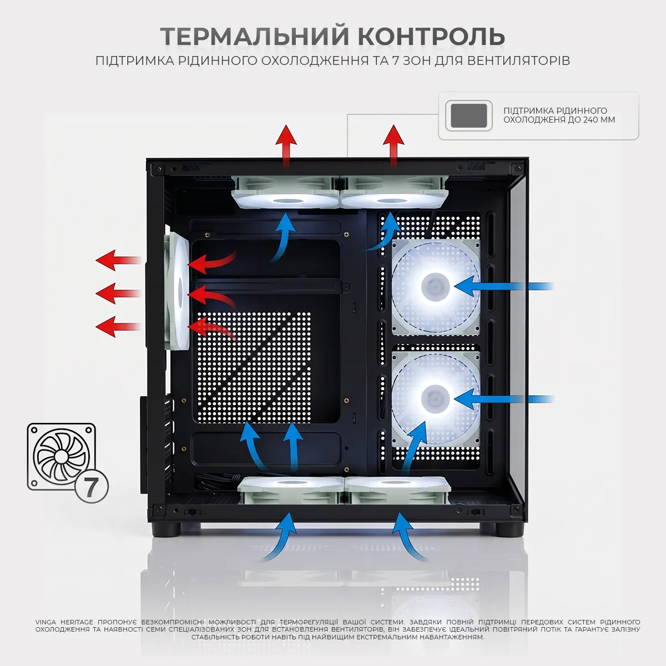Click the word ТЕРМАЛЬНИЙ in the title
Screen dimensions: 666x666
point(255,36)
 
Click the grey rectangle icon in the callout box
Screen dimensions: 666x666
point(468,116)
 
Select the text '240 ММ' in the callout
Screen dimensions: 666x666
point(599,120)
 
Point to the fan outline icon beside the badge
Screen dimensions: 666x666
point(61,457)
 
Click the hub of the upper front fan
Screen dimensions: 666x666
point(435,286)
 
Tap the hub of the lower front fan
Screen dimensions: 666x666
point(435,399)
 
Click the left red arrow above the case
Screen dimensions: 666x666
point(286,147)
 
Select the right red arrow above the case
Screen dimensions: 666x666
point(393,147)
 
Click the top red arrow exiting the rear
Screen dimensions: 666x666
point(119,260)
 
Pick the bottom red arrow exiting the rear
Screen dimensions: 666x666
point(119,326)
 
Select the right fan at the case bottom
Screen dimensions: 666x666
point(398,490)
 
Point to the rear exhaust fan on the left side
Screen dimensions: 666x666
point(177,291)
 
